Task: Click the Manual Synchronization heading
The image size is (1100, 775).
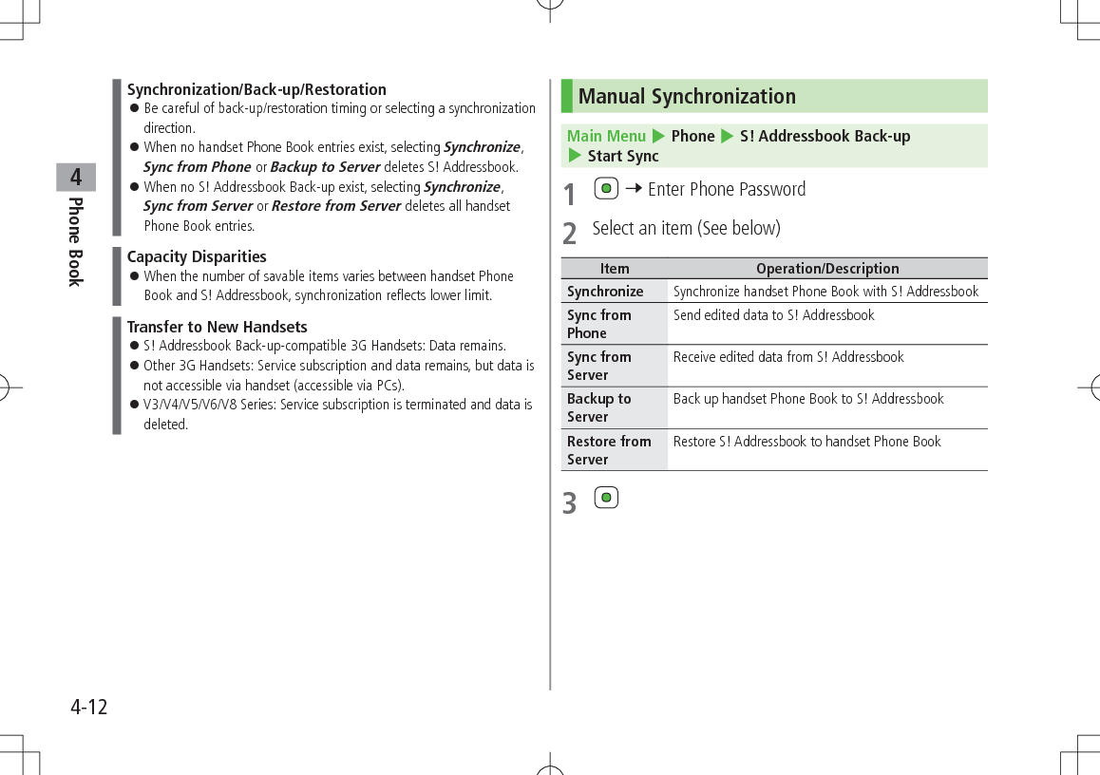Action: click(x=687, y=97)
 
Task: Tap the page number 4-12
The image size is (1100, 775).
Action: click(x=89, y=708)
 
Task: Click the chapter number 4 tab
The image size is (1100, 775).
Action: click(x=76, y=178)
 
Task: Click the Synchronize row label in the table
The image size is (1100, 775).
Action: click(x=605, y=292)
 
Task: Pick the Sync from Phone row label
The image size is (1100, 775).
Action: click(x=598, y=324)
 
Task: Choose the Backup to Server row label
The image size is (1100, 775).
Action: click(x=598, y=407)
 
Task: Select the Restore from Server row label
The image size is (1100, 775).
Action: click(x=608, y=450)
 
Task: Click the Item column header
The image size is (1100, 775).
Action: click(x=615, y=269)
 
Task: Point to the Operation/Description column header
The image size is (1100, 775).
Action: click(x=827, y=269)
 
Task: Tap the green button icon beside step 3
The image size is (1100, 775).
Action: click(x=606, y=498)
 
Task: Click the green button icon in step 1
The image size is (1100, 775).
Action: click(x=606, y=189)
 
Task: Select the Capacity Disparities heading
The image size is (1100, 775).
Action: click(x=197, y=256)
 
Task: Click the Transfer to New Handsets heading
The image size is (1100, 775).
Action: click(x=218, y=327)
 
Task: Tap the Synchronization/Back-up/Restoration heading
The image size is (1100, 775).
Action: click(x=256, y=89)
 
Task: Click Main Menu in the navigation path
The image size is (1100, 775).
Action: click(x=606, y=136)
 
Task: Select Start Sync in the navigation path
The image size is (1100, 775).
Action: click(x=622, y=156)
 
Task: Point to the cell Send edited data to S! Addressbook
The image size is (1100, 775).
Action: click(x=773, y=315)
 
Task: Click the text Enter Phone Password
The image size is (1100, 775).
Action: click(x=727, y=189)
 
